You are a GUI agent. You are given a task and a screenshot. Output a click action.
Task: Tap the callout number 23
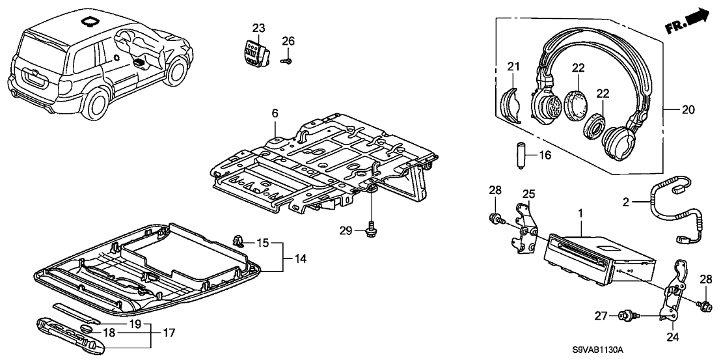pos(259,27)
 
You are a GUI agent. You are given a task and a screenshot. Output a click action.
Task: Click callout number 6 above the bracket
pos(275,113)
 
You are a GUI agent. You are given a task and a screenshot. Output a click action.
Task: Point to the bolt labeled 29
pos(372,230)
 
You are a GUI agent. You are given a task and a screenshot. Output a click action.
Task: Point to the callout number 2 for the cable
pos(626,203)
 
